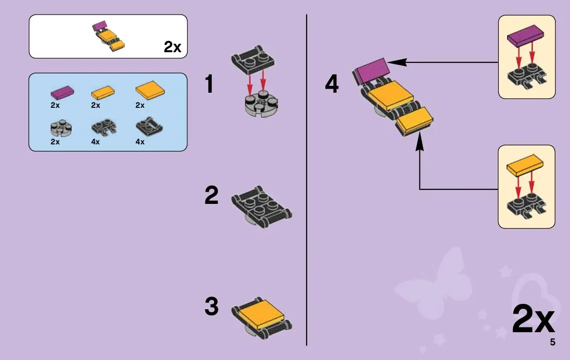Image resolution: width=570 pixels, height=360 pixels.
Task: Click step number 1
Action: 209,84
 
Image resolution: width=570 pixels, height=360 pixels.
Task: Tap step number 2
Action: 212,195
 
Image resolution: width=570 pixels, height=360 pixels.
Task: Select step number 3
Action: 212,306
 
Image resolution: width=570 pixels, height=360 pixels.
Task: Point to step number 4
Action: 332,84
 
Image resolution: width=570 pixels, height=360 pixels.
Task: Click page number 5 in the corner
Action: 552,342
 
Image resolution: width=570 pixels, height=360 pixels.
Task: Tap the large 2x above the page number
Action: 533,319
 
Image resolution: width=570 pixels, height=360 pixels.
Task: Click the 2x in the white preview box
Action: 172,47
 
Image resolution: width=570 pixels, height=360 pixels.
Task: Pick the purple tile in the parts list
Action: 62,92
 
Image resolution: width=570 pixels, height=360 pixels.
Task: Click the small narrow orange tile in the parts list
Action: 102,92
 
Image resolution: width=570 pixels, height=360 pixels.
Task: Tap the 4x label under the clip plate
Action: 96,142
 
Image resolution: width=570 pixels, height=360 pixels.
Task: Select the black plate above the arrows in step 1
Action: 253,60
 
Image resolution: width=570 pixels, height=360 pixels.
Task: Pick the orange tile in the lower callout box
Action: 525,166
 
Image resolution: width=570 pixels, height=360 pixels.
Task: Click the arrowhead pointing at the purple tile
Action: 397,62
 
